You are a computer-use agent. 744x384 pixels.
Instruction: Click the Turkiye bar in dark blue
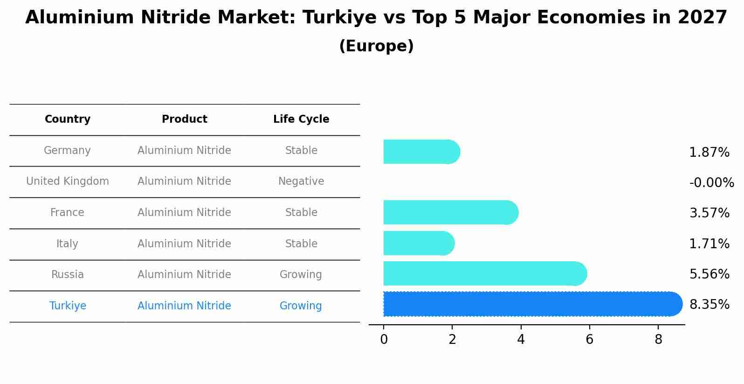[x=531, y=304]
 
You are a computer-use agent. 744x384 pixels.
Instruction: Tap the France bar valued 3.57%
[x=450, y=212]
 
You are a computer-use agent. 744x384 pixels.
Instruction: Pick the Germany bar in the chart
[x=421, y=152]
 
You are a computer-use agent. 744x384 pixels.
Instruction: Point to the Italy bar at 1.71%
[x=418, y=243]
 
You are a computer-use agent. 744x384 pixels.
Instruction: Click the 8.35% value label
[x=709, y=305]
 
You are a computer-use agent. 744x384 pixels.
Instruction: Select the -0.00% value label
[x=711, y=182]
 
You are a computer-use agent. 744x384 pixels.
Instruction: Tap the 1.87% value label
[x=709, y=153]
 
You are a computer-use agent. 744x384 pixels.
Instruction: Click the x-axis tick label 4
[x=521, y=340]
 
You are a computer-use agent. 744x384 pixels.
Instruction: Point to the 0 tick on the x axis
[x=384, y=340]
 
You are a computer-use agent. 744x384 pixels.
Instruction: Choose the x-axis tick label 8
[x=658, y=340]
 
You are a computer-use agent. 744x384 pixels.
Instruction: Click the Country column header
[x=68, y=119]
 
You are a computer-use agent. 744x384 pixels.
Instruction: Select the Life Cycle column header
[x=301, y=119]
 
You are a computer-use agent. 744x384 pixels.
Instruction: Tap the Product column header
[x=184, y=119]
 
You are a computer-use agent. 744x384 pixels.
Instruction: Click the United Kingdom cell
[x=68, y=182]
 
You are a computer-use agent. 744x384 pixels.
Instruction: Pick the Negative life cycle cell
[x=301, y=182]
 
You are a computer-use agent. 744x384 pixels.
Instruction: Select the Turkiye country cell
[x=68, y=306]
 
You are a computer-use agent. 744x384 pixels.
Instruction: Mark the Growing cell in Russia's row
[x=301, y=275]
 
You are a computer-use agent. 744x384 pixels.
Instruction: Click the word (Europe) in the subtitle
[x=376, y=46]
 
